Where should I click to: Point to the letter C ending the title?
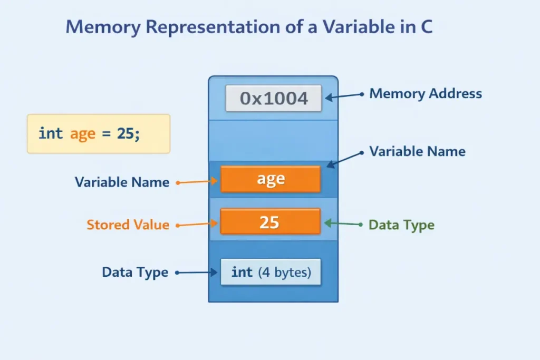pyautogui.click(x=426, y=27)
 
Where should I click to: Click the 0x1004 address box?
pyautogui.click(x=273, y=99)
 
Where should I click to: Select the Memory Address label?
pyautogui.click(x=425, y=94)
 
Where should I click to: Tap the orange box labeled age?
pyautogui.click(x=270, y=179)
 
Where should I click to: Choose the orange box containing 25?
pyautogui.click(x=270, y=222)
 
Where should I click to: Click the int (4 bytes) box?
pyautogui.click(x=270, y=273)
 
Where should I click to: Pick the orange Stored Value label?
pyautogui.click(x=128, y=225)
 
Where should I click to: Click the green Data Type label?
pyautogui.click(x=401, y=225)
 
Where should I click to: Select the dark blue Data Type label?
pyautogui.click(x=135, y=273)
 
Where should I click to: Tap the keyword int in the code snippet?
pyautogui.click(x=51, y=133)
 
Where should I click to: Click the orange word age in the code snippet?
pyautogui.click(x=82, y=134)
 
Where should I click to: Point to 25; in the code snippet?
pyautogui.click(x=129, y=133)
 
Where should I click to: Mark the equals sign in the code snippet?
pyautogui.click(x=106, y=134)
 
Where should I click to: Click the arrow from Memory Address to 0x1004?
pyautogui.click(x=343, y=96)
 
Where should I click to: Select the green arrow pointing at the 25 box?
pyautogui.click(x=343, y=224)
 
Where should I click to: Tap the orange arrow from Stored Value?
pyautogui.click(x=198, y=225)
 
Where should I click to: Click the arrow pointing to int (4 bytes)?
pyautogui.click(x=197, y=273)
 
